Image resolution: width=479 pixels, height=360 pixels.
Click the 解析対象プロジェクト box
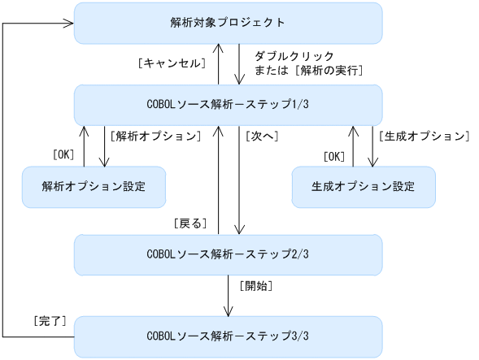tap(228, 23)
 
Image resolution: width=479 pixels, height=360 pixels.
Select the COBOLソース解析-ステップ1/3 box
tap(228, 105)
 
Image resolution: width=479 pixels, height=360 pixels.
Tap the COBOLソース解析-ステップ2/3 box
tap(228, 254)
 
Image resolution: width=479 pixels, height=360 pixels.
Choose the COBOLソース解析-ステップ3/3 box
tap(228, 336)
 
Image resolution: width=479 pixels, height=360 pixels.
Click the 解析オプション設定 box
tap(94, 186)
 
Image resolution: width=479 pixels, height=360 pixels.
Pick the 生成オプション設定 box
tap(363, 186)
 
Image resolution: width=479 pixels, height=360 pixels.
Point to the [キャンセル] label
tap(170, 63)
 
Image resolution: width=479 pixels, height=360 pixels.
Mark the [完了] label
tap(50, 322)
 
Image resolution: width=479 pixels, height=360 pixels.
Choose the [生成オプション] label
tap(424, 136)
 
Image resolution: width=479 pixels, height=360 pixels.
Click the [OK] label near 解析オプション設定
tap(64, 154)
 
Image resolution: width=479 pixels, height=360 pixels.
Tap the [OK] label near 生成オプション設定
tap(334, 154)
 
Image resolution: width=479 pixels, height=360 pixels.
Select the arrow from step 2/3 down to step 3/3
tap(229, 296)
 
